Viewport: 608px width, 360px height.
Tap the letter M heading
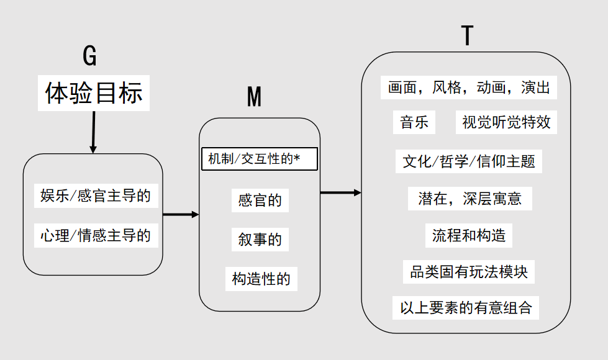tap(255, 96)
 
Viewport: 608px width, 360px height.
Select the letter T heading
tap(467, 35)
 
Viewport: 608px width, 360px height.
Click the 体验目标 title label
tap(93, 93)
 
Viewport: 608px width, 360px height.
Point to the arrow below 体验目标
tap(93, 132)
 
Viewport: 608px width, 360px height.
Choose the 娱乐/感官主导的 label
tap(96, 196)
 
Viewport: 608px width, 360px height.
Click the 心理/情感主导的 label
tap(96, 235)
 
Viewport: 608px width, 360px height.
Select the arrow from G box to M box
tap(181, 214)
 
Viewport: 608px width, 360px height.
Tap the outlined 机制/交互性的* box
tap(260, 159)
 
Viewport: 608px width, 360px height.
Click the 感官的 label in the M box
tap(260, 200)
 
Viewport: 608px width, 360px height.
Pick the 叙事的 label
tap(260, 240)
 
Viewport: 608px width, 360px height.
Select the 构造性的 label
tap(261, 279)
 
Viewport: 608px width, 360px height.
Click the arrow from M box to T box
tap(340, 192)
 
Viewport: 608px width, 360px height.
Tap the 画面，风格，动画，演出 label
tap(468, 88)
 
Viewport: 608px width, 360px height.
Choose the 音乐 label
tap(414, 122)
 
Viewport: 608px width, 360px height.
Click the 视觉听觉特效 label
tap(506, 122)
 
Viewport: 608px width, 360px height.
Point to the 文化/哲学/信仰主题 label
tap(468, 161)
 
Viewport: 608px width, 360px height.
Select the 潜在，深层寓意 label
tap(470, 199)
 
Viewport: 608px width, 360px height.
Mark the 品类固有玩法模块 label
tap(468, 272)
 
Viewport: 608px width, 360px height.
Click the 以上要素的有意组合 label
tap(465, 308)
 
